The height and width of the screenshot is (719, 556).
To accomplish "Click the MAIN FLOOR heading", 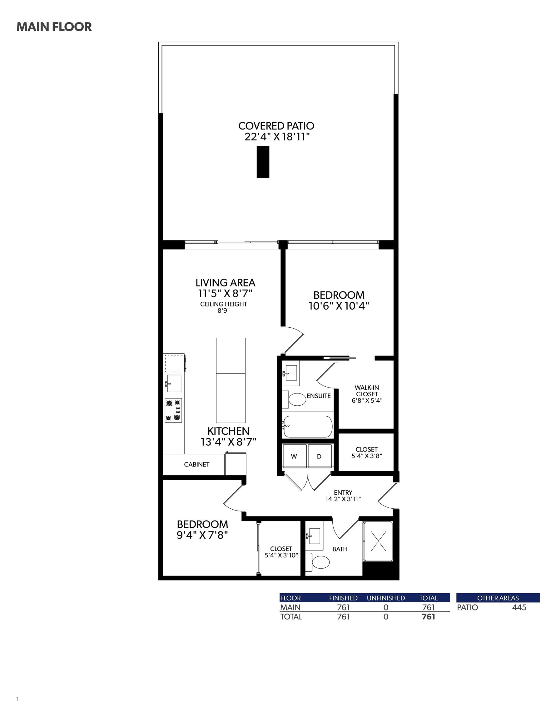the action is pos(54,27).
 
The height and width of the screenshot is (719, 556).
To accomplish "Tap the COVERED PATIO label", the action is pos(276,126).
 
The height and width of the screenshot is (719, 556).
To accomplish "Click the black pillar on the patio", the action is pos(263,162).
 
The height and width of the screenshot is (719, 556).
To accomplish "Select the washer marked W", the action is pos(294,456).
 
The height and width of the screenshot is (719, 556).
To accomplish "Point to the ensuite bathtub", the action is pos(307,427).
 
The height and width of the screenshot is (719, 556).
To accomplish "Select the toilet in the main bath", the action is pos(317,562).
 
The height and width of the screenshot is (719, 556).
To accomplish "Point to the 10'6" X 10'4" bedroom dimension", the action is pos(339,306).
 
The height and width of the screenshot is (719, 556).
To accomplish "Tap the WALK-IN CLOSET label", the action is pos(367,391).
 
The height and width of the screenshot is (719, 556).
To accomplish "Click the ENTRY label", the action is pos(343,492).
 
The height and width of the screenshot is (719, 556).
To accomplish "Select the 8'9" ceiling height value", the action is pos(223,311).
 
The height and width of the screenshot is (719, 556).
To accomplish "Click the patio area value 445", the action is pos(519,607).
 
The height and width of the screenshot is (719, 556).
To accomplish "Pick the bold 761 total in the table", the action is pos(429,617).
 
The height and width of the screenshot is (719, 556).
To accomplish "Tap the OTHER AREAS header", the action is pos(498,598).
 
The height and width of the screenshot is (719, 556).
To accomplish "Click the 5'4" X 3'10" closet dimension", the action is pos(281,555).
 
